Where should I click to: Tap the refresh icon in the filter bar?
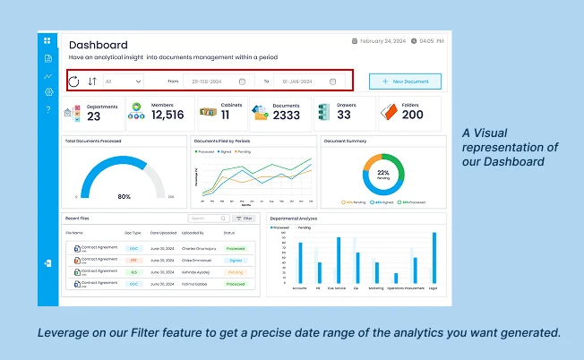(x=73, y=81)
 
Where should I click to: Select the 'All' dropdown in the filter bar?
(x=123, y=81)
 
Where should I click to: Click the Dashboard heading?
(x=99, y=45)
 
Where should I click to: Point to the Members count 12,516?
(x=167, y=115)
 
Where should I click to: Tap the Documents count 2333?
(x=287, y=116)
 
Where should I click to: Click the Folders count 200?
(x=413, y=115)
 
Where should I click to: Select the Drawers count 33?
(x=345, y=115)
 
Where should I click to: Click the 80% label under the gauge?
(x=124, y=196)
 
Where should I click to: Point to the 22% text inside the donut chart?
(x=383, y=171)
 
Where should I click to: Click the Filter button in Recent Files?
(x=244, y=218)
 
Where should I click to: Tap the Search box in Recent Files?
(x=208, y=218)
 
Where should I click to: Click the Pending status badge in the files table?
(x=236, y=271)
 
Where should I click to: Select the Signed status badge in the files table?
(x=236, y=260)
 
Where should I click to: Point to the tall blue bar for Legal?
(x=434, y=259)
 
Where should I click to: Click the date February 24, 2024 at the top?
(x=381, y=40)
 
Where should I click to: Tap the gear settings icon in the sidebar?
(x=47, y=92)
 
